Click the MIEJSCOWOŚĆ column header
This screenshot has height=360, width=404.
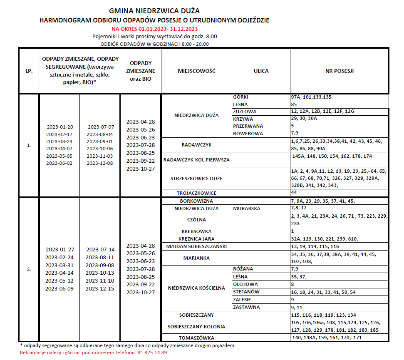click(196, 71)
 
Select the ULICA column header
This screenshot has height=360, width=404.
click(261, 71)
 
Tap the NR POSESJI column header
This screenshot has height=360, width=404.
click(340, 71)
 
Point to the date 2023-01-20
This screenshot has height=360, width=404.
click(60, 127)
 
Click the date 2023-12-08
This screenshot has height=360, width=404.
click(100, 163)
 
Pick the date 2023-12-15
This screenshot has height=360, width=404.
click(100, 288)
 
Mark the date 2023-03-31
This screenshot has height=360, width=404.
click(59, 265)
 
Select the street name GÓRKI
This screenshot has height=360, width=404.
click(241, 97)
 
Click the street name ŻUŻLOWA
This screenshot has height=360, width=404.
click(245, 112)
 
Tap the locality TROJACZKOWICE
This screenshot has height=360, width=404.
click(196, 193)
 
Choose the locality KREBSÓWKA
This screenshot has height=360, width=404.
click(196, 231)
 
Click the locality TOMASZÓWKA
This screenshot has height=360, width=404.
click(196, 338)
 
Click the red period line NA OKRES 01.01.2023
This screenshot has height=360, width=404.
click(154, 29)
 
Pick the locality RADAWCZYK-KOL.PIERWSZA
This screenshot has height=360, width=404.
click(196, 160)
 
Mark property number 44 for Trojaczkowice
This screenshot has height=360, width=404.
click(294, 193)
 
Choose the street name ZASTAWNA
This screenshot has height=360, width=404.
click(246, 307)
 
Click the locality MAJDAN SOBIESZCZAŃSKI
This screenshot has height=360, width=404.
click(196, 246)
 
